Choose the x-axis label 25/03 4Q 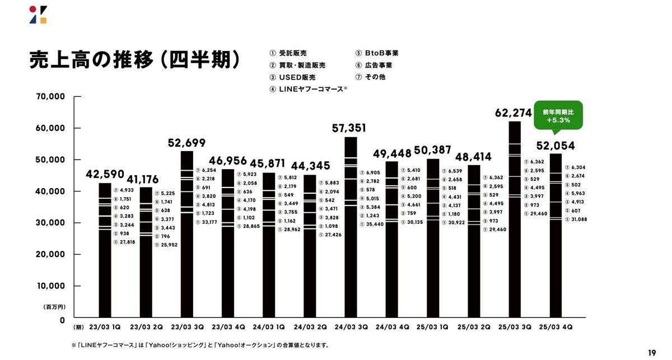tap(555, 326)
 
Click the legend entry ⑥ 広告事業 tap(374, 65)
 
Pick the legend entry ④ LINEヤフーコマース tap(308, 89)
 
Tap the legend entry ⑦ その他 tap(370, 77)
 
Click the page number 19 tap(652, 352)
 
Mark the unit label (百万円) tap(55, 307)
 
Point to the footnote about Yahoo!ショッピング tap(200, 345)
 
